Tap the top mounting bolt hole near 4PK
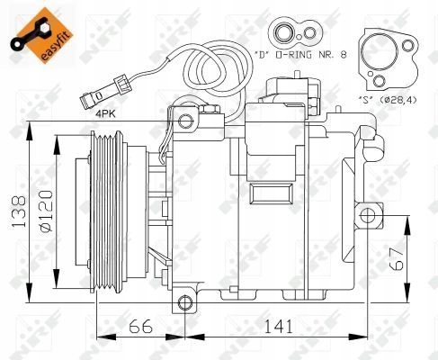tap(185, 121)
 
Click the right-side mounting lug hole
tap(367, 214)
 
